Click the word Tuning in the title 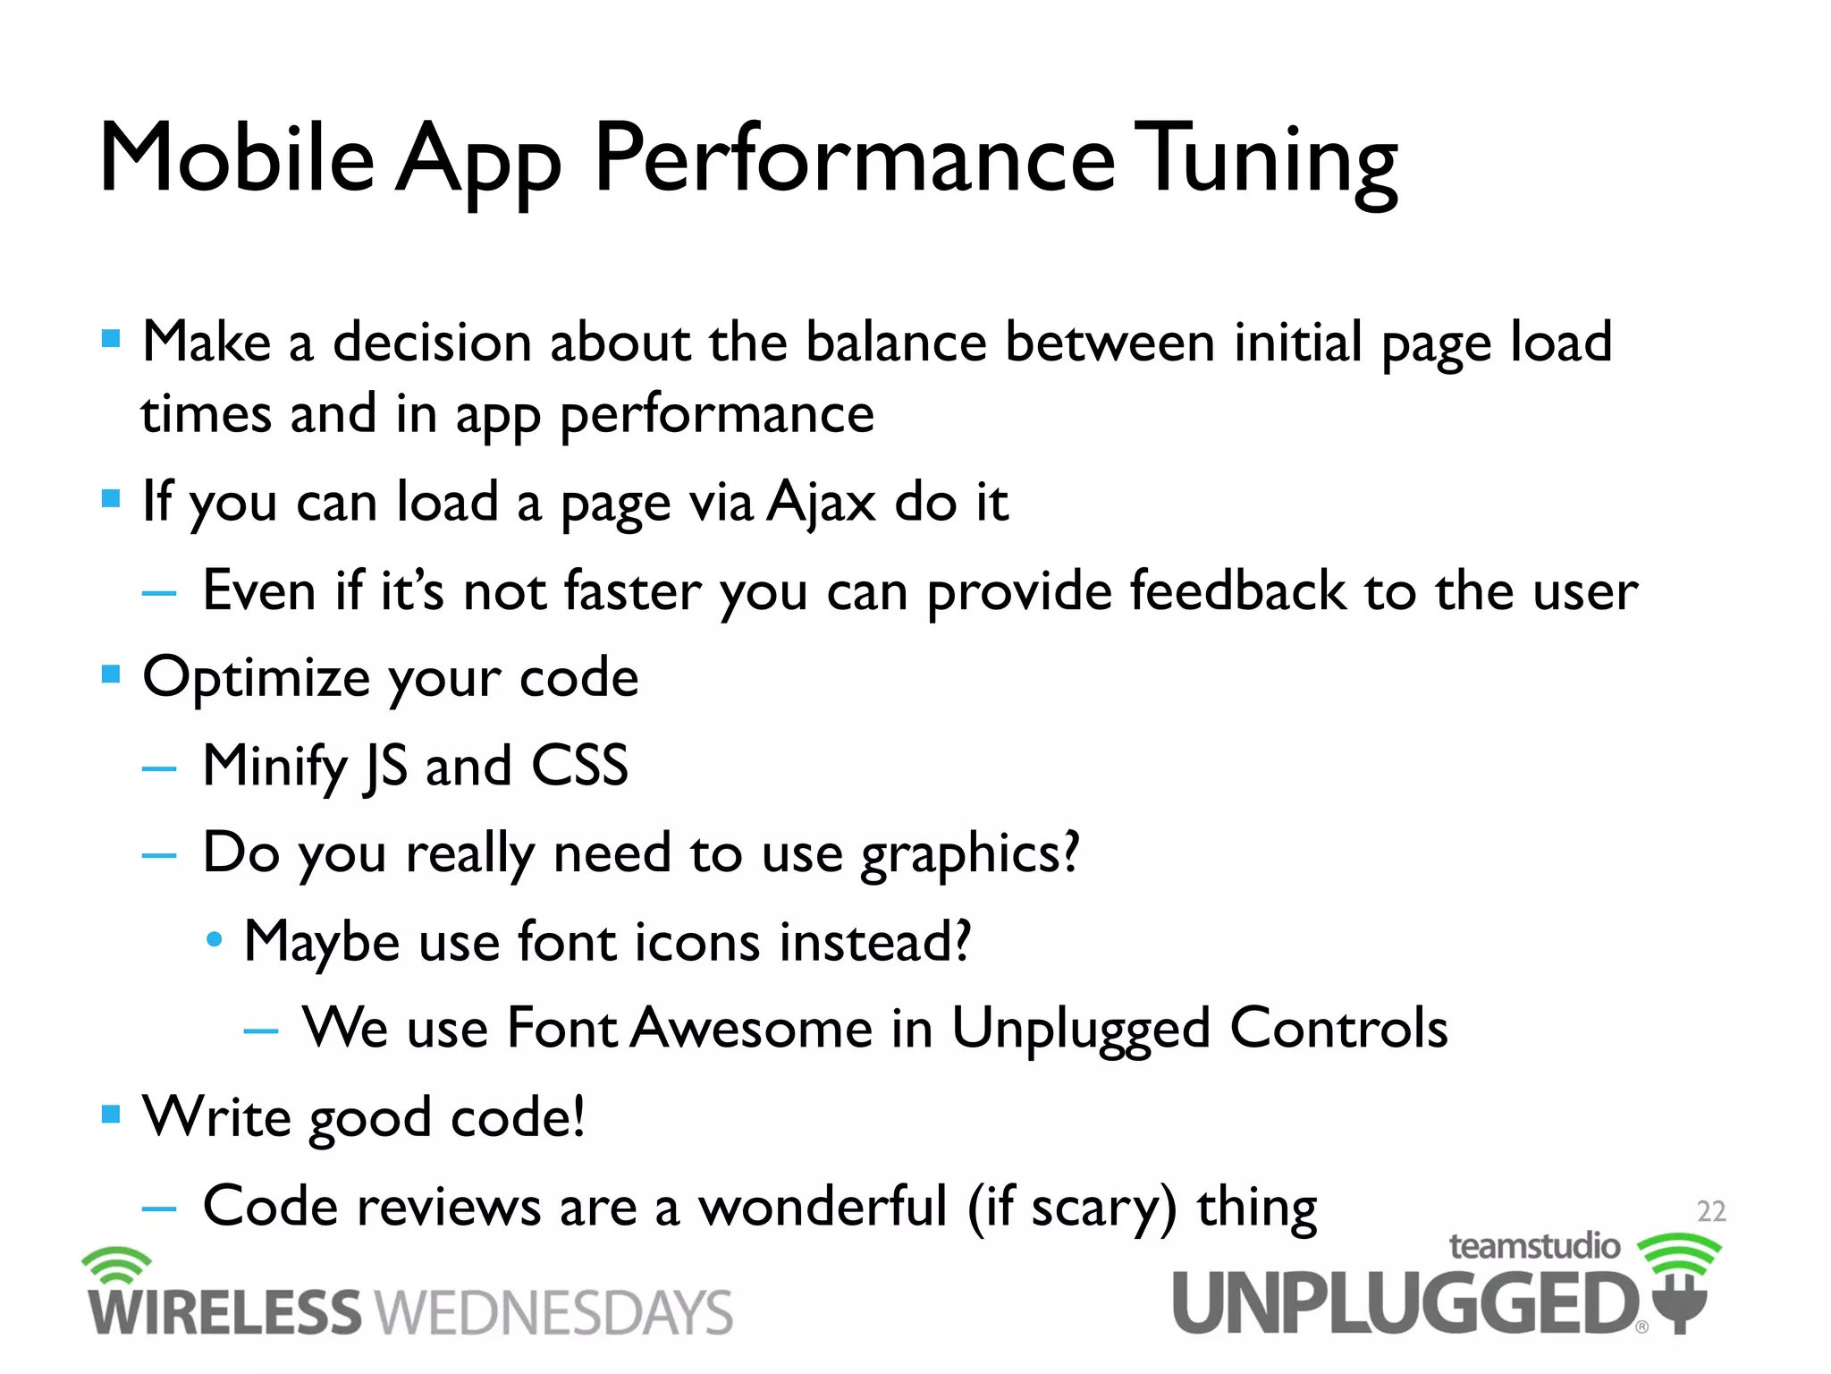tap(1270, 161)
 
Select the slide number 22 tap(1710, 1211)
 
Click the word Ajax tap(821, 502)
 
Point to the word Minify tap(274, 768)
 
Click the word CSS tap(579, 766)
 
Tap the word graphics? tap(969, 854)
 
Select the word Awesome tap(752, 1028)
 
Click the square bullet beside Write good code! tap(111, 1114)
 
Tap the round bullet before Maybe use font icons tap(214, 940)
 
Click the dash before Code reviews tap(159, 1209)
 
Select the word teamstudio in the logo tap(1533, 1246)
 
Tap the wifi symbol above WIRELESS tap(116, 1265)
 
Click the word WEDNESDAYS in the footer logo tap(553, 1313)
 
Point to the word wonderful tap(822, 1207)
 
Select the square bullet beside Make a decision tap(111, 339)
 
